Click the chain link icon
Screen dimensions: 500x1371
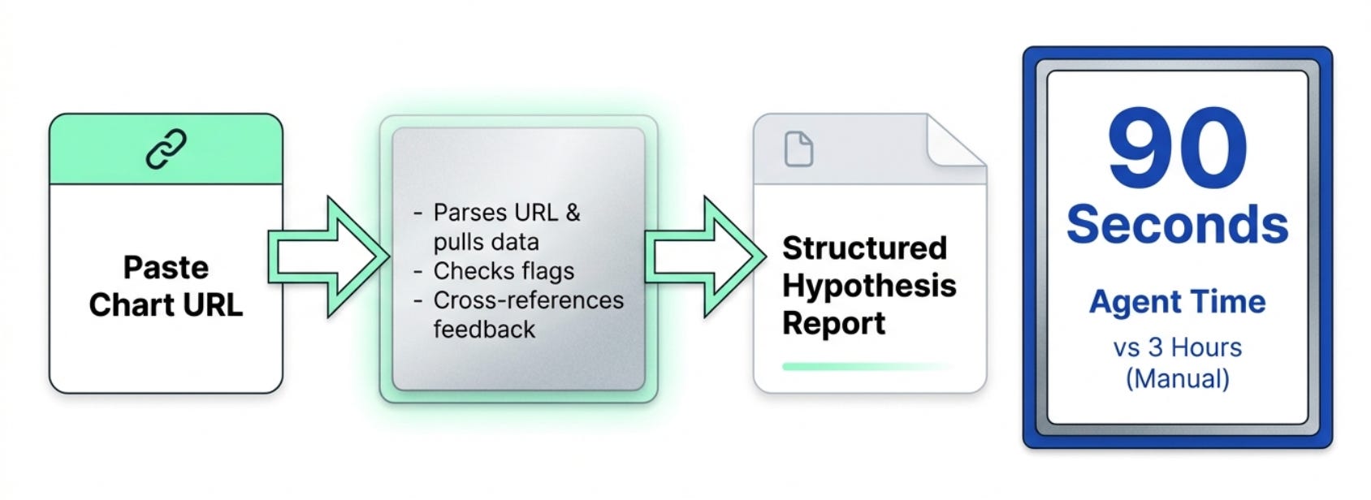tap(166, 149)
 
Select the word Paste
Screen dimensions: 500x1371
tap(166, 267)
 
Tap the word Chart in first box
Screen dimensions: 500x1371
tap(127, 305)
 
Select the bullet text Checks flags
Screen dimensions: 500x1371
tap(504, 271)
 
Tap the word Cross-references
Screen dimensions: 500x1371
tap(528, 300)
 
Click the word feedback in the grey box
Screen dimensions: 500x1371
tap(484, 330)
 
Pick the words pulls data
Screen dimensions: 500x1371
tap(486, 242)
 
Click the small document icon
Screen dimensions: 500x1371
tap(798, 149)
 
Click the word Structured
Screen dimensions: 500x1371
tap(864, 248)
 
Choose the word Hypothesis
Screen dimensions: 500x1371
tap(869, 286)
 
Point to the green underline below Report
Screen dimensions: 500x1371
tap(866, 367)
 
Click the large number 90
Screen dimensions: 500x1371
tap(1177, 148)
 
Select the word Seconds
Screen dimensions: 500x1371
tap(1177, 224)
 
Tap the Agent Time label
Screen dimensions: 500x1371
tap(1177, 302)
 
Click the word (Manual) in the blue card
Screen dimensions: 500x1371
tap(1177, 378)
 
